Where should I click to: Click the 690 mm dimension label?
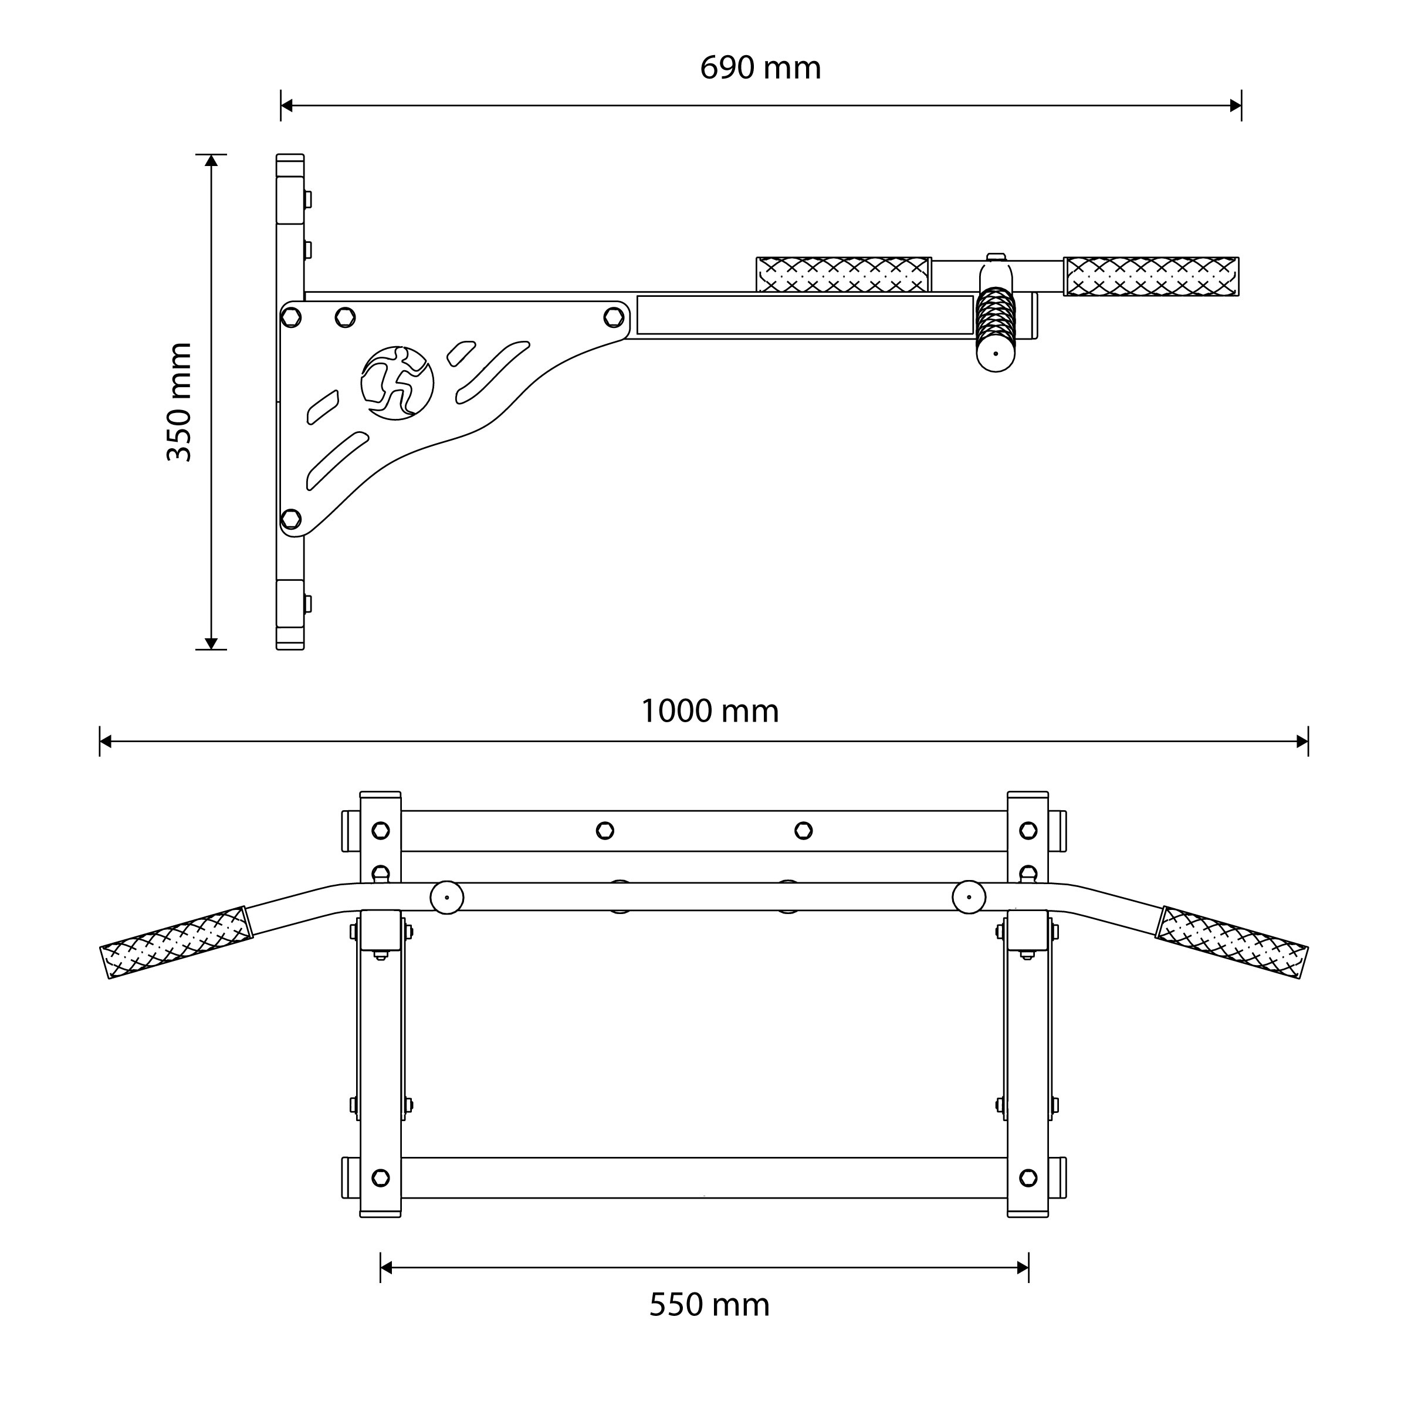tap(760, 68)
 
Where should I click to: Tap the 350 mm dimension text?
tap(180, 401)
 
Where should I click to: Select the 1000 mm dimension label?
tap(710, 710)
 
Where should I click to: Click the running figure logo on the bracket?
tap(397, 383)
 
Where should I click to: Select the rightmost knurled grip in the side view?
tap(1152, 276)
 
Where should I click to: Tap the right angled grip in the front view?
tap(1231, 942)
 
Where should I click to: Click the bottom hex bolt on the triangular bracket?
tap(291, 519)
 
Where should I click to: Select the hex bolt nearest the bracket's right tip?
tap(614, 317)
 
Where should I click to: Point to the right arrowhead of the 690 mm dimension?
tap(1236, 106)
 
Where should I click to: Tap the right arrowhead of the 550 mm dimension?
tap(1023, 1268)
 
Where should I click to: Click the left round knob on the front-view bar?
tap(446, 897)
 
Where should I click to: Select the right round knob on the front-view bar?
tap(969, 897)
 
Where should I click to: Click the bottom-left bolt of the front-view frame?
tap(380, 1177)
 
